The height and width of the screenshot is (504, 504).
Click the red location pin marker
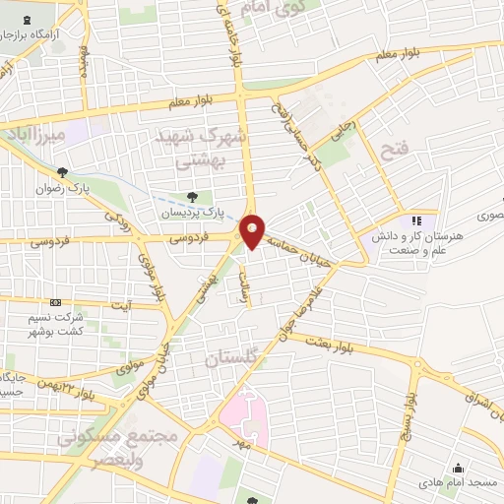tap(253, 230)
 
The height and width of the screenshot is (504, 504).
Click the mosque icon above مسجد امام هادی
tap(457, 468)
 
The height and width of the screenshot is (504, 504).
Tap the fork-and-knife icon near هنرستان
tap(416, 220)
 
